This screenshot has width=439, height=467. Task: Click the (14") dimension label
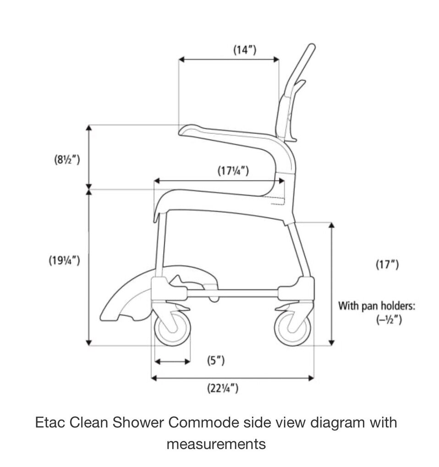(245, 50)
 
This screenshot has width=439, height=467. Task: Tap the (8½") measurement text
(66, 160)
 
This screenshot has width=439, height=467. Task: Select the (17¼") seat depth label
(233, 171)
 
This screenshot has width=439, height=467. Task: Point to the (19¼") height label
(65, 261)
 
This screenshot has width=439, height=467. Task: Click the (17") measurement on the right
(387, 264)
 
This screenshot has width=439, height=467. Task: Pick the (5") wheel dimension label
(215, 361)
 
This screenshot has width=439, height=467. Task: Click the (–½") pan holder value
(389, 320)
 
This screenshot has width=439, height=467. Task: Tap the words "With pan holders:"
(377, 305)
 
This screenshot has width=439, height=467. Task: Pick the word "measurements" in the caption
(216, 444)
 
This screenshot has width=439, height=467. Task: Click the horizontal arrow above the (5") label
(172, 362)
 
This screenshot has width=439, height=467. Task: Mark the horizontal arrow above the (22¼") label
(232, 378)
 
